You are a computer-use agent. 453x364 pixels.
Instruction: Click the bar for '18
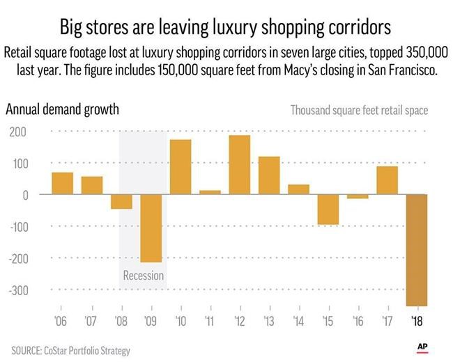click(417, 250)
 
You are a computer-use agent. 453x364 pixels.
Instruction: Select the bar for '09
click(151, 228)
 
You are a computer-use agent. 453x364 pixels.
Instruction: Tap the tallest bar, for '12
click(239, 165)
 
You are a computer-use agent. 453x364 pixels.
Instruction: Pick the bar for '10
click(181, 167)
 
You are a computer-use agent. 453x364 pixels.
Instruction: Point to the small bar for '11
click(210, 192)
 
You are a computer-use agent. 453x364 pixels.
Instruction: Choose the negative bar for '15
click(328, 209)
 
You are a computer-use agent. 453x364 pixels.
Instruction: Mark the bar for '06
click(62, 183)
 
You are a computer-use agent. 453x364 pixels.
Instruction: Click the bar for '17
click(387, 180)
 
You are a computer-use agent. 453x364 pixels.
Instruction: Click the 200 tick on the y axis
click(17, 131)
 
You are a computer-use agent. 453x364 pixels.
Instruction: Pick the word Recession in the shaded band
click(143, 276)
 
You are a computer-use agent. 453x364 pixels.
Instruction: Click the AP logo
click(422, 346)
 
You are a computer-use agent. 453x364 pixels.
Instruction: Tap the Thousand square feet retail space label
click(359, 110)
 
